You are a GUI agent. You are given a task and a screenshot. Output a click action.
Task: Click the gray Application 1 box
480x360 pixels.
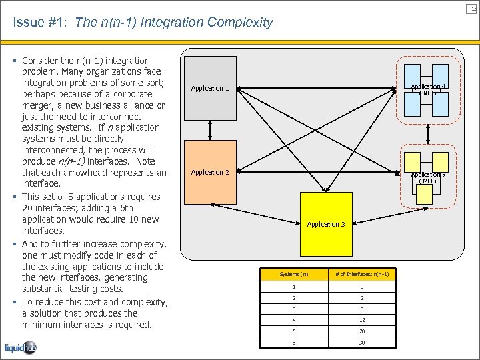click(210, 88)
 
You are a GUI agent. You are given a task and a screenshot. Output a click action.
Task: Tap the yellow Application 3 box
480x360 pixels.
click(326, 224)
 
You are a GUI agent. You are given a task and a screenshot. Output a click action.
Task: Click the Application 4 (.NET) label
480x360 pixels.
click(429, 90)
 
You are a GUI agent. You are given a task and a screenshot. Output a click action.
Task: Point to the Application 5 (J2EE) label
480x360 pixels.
click(427, 178)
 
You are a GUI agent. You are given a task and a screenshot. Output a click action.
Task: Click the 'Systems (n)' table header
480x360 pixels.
click(293, 275)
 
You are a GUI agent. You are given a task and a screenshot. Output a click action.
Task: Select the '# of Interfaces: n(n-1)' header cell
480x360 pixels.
click(362, 275)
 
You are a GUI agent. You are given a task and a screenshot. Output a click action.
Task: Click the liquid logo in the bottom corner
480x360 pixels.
click(21, 348)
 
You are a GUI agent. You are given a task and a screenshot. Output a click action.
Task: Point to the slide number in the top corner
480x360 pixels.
click(473, 7)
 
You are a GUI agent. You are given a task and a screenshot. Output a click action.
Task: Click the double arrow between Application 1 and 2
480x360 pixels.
click(210, 130)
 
